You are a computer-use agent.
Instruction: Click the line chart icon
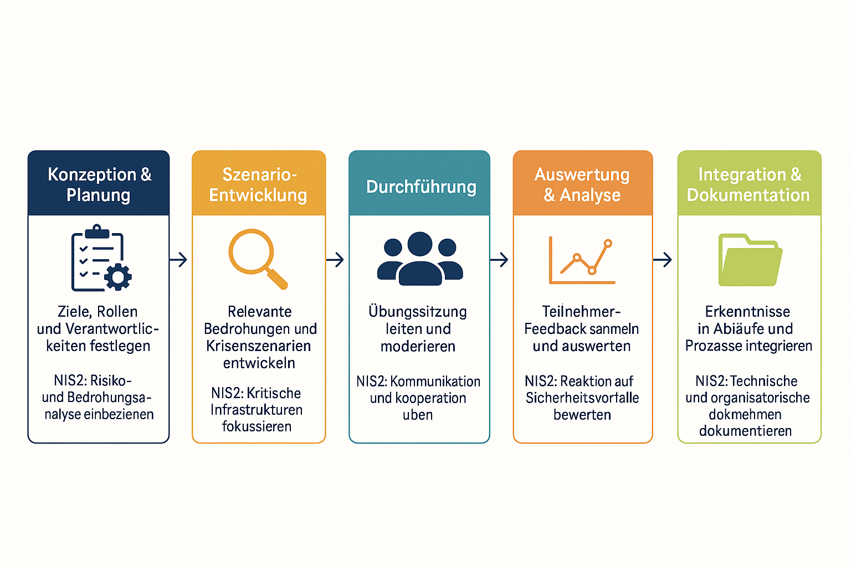582,260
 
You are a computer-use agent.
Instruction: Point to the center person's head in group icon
419,244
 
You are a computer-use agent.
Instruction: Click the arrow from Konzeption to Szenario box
178,259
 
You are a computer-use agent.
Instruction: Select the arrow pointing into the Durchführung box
335,259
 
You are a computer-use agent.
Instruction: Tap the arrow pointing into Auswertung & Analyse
499,259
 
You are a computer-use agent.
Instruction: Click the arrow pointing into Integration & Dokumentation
663,259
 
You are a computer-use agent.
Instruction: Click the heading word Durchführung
421,187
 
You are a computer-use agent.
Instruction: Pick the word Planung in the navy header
98,195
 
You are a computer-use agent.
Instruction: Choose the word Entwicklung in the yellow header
258,195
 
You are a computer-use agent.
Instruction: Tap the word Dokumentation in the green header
748,195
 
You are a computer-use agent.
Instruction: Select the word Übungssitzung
418,312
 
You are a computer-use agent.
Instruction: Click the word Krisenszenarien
258,346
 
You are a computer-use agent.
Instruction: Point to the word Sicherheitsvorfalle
582,398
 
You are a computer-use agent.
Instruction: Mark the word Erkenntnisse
747,312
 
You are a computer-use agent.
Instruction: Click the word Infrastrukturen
257,410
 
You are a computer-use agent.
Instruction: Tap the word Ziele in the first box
74,312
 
